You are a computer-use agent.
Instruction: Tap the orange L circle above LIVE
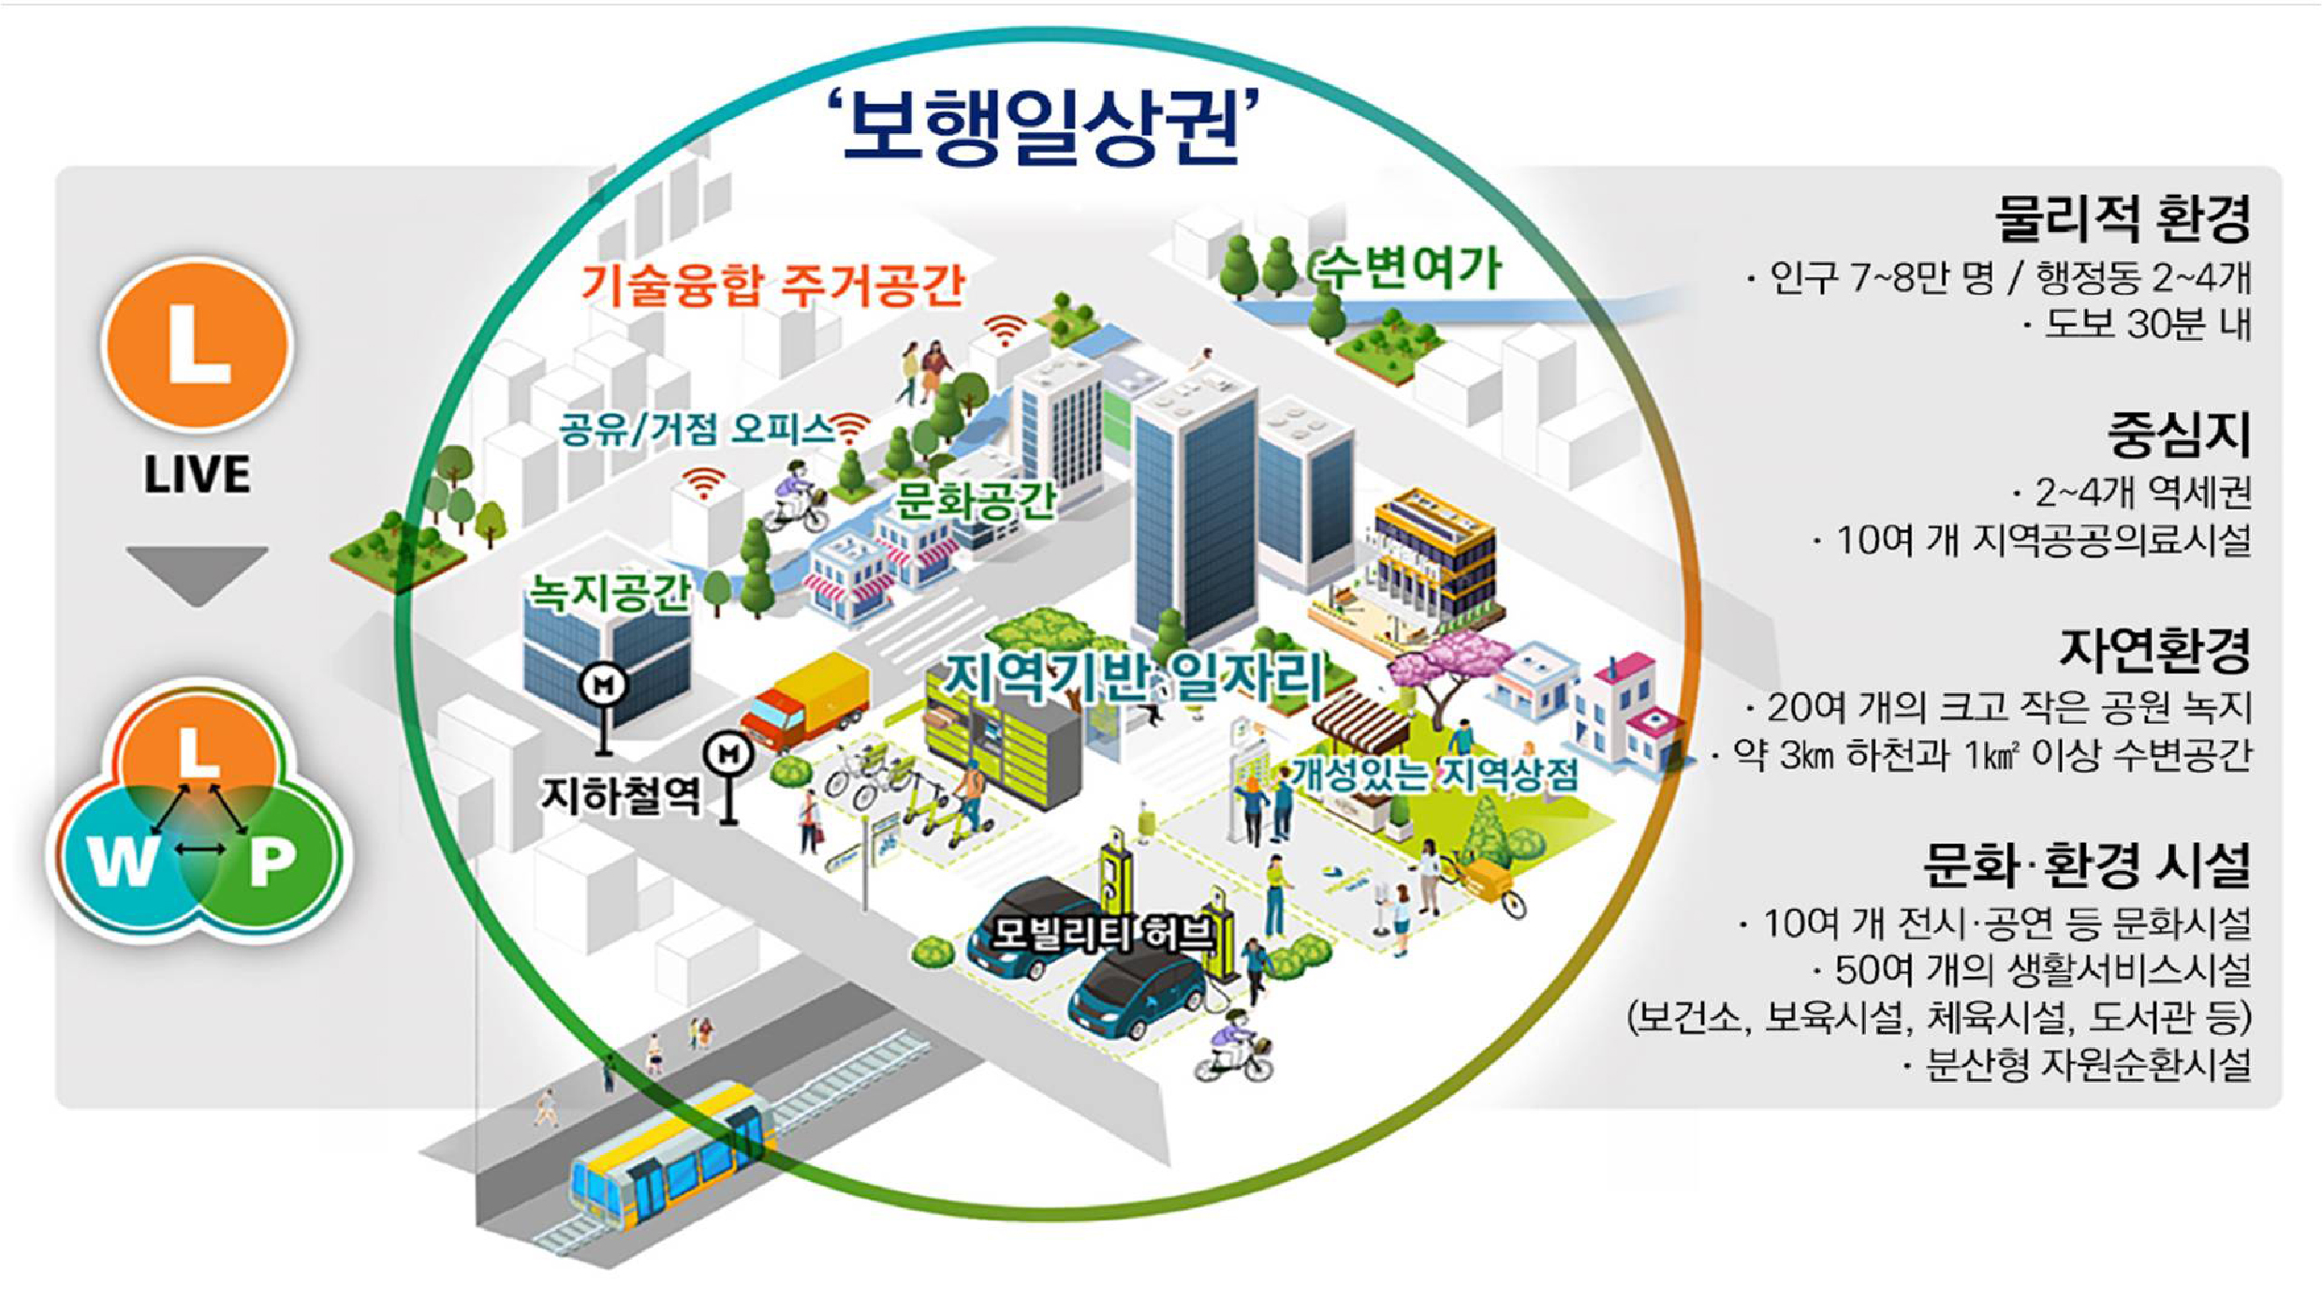pyautogui.click(x=197, y=344)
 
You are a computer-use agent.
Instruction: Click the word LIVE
pyautogui.click(x=197, y=474)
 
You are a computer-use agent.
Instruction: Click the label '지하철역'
pyautogui.click(x=621, y=796)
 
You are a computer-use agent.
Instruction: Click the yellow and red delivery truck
pyautogui.click(x=805, y=702)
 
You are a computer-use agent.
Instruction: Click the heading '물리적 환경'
pyautogui.click(x=2122, y=217)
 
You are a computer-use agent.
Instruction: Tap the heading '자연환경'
pyautogui.click(x=2153, y=650)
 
